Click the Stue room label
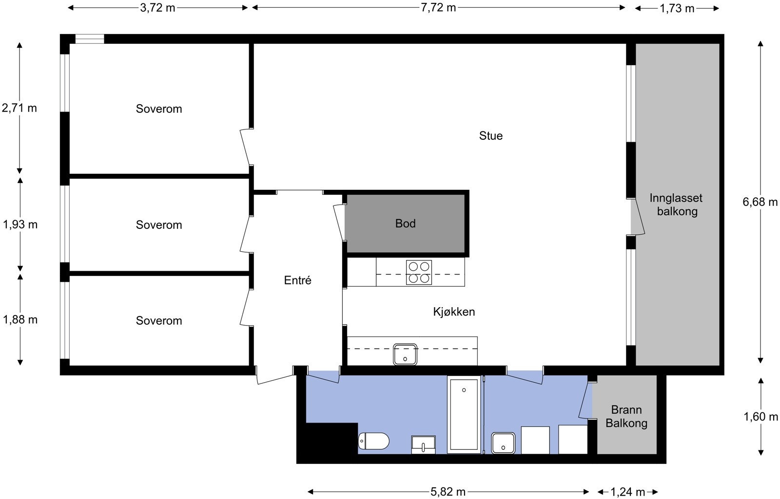pyautogui.click(x=490, y=136)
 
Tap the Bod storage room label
pyautogui.click(x=405, y=223)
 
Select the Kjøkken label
pyautogui.click(x=454, y=312)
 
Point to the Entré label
pyautogui.click(x=297, y=280)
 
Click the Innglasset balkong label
pyautogui.click(x=677, y=204)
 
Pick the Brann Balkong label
pyautogui.click(x=626, y=416)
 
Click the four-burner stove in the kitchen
pyautogui.click(x=419, y=273)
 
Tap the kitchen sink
pyautogui.click(x=405, y=354)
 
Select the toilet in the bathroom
pyautogui.click(x=374, y=441)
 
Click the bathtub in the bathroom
pyautogui.click(x=464, y=415)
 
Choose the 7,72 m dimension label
pyautogui.click(x=438, y=7)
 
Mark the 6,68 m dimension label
pyautogui.click(x=760, y=202)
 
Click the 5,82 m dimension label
pyautogui.click(x=448, y=492)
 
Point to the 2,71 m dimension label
pyautogui.click(x=19, y=108)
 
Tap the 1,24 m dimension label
pyautogui.click(x=628, y=492)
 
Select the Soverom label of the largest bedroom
pyautogui.click(x=159, y=109)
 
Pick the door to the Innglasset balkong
pyautogui.click(x=637, y=217)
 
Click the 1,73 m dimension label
pyautogui.click(x=677, y=8)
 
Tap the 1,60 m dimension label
pyautogui.click(x=760, y=417)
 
